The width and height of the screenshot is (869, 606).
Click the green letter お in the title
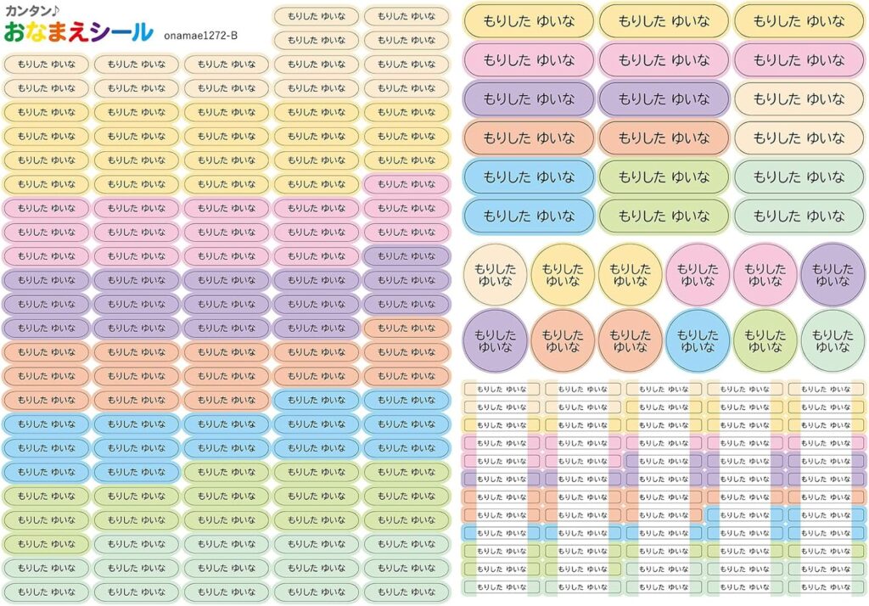pyautogui.click(x=14, y=33)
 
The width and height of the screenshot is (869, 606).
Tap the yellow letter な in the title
pyautogui.click(x=36, y=33)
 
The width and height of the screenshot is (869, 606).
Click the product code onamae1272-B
pyautogui.click(x=200, y=35)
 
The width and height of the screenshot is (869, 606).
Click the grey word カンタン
pyautogui.click(x=31, y=12)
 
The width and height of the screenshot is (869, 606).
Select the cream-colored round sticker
pyautogui.click(x=495, y=274)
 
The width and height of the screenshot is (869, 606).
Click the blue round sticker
pyautogui.click(x=698, y=339)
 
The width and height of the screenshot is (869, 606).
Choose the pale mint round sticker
pyautogui.click(x=833, y=339)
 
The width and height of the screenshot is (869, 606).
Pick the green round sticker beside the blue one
pyautogui.click(x=765, y=339)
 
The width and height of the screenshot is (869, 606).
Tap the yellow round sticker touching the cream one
pyautogui.click(x=563, y=274)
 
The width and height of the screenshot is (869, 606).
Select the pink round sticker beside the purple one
pyautogui.click(x=765, y=274)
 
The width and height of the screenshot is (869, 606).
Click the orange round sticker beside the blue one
pyautogui.click(x=630, y=339)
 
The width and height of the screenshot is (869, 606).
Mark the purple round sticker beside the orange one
pyautogui.click(x=495, y=339)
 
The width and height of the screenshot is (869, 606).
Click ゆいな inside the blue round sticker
pyautogui.click(x=698, y=347)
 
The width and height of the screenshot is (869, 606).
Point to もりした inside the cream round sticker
pyautogui.click(x=495, y=267)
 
